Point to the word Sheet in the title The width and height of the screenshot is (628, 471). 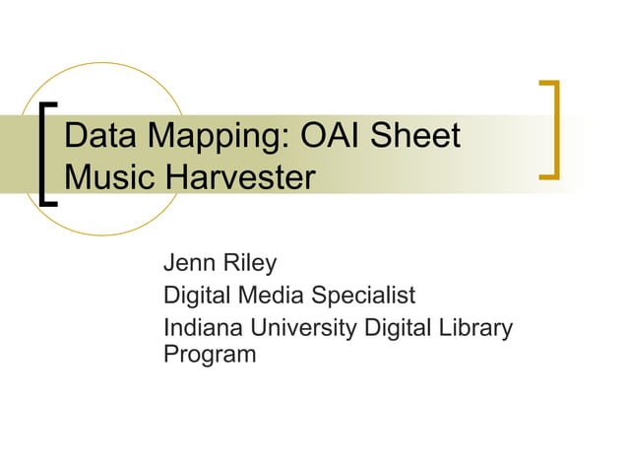point(420,136)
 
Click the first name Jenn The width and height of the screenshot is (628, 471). point(187,263)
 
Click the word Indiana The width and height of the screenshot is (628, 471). point(201,327)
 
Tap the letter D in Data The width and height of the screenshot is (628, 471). point(76,136)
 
